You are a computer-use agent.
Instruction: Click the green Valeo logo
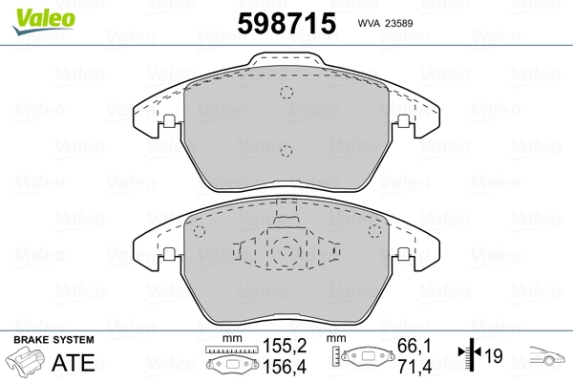44,21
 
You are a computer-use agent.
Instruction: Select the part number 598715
286,23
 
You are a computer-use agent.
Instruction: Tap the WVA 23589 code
385,23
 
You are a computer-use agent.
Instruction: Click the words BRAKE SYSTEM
53,340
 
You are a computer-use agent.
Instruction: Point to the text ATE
74,362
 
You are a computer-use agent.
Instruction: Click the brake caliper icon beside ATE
25,360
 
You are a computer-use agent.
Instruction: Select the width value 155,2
285,346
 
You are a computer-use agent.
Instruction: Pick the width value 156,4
285,367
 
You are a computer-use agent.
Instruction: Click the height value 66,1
414,346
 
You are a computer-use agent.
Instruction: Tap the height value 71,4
414,367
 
